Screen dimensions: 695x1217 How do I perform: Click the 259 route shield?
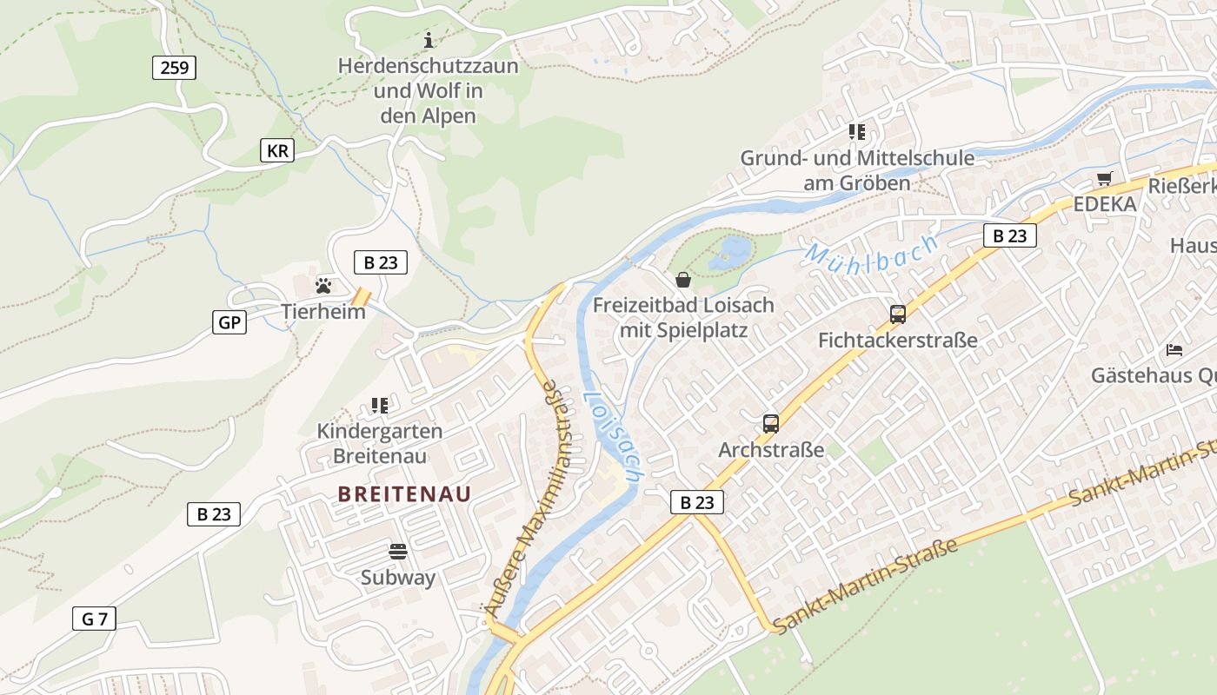pyautogui.click(x=174, y=67)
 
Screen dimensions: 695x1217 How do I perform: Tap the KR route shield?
pyautogui.click(x=277, y=150)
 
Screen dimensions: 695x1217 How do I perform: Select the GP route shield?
pyautogui.click(x=229, y=322)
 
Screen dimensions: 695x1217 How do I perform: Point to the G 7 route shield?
pyautogui.click(x=94, y=619)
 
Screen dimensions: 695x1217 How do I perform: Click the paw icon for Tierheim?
pyautogui.click(x=323, y=285)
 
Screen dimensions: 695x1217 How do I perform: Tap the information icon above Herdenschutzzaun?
pyautogui.click(x=428, y=40)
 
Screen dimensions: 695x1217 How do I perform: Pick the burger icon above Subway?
pyautogui.click(x=398, y=551)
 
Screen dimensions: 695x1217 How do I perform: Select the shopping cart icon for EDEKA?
pyautogui.click(x=1104, y=179)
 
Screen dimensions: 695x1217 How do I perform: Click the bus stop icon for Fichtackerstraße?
pyautogui.click(x=897, y=314)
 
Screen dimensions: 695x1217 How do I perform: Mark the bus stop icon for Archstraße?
pyautogui.click(x=770, y=424)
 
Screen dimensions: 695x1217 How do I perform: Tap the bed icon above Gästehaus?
pyautogui.click(x=1174, y=350)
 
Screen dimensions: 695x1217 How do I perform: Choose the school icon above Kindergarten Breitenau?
pyautogui.click(x=379, y=405)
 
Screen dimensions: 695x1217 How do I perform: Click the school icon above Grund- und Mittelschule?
pyautogui.click(x=857, y=132)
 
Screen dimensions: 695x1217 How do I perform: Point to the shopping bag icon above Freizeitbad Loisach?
pyautogui.click(x=683, y=280)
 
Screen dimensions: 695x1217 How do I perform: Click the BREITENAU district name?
pyautogui.click(x=404, y=494)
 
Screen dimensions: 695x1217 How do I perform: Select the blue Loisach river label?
pyautogui.click(x=612, y=434)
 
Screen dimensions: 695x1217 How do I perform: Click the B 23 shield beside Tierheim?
pyautogui.click(x=380, y=261)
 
